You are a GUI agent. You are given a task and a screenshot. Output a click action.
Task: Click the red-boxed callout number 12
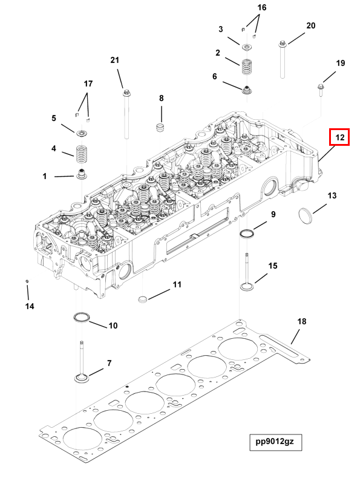tap(340, 138)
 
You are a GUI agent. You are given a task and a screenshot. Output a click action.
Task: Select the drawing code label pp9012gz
tap(275, 442)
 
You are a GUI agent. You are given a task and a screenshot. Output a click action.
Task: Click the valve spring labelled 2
tap(246, 66)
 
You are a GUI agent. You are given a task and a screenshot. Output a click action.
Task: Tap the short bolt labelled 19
tap(319, 91)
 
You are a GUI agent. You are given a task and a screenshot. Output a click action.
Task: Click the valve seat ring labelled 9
tap(247, 234)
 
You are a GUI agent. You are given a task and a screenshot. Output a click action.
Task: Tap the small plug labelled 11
tap(143, 298)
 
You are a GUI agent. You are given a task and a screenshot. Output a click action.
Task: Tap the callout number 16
tap(261, 8)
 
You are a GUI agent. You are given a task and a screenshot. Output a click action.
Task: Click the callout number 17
tap(88, 83)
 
